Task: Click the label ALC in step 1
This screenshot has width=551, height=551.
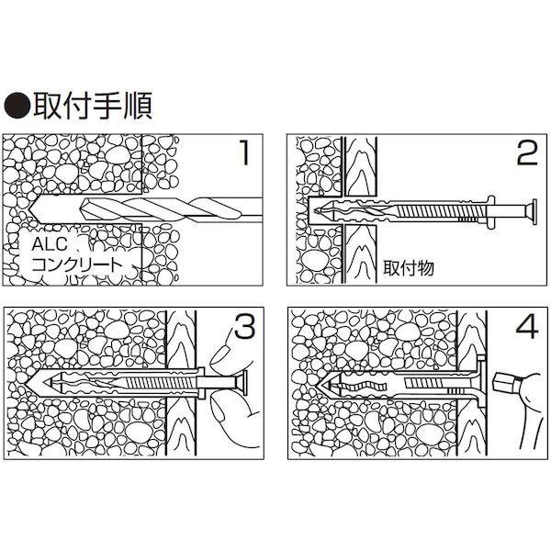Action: tap(47, 245)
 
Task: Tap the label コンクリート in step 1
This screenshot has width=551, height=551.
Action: tap(75, 264)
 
